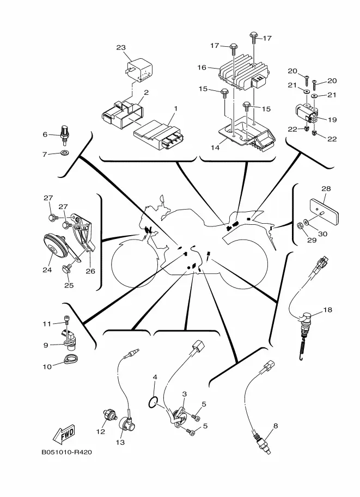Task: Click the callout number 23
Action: pos(121,48)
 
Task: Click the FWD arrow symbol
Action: pos(64,434)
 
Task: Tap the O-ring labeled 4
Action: pos(155,403)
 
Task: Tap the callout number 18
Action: pos(327,310)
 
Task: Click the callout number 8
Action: pos(276,426)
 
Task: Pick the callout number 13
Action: pos(120,443)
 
